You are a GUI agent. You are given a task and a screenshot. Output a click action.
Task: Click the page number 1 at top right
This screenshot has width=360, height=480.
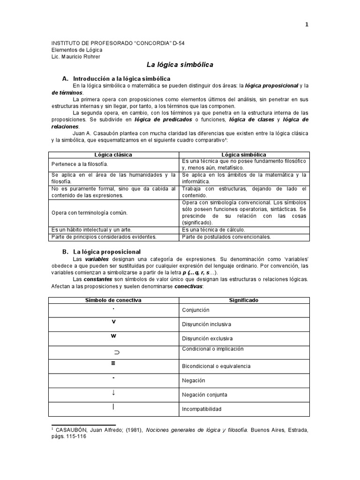coord(307,25)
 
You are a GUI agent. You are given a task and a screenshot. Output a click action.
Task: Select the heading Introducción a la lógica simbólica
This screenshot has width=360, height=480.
coord(121,78)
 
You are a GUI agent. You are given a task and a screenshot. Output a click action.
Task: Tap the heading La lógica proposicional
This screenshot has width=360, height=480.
coord(107,252)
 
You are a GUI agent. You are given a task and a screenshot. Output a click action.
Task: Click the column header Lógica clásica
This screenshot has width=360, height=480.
coord(113,155)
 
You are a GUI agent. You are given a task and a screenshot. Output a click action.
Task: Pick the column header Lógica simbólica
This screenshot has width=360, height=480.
coord(245,155)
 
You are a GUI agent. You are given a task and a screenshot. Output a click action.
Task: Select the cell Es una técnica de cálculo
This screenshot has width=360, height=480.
coord(214,230)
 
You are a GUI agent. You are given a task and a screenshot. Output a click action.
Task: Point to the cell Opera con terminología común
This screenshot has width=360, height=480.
coord(90,212)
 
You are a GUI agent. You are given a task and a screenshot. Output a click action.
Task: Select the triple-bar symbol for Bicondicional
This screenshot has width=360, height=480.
coord(113,364)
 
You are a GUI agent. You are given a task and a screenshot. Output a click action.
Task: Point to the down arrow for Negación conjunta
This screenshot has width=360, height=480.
coord(113,393)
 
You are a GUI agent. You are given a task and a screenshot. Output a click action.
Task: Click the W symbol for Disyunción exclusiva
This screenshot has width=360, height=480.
coord(113,336)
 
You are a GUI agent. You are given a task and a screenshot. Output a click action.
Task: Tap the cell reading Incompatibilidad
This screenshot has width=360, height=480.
coord(202,409)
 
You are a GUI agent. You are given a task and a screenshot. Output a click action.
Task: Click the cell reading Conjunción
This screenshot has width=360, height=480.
coord(195,310)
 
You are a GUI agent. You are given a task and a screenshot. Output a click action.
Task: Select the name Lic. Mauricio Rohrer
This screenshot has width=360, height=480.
coord(75,57)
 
